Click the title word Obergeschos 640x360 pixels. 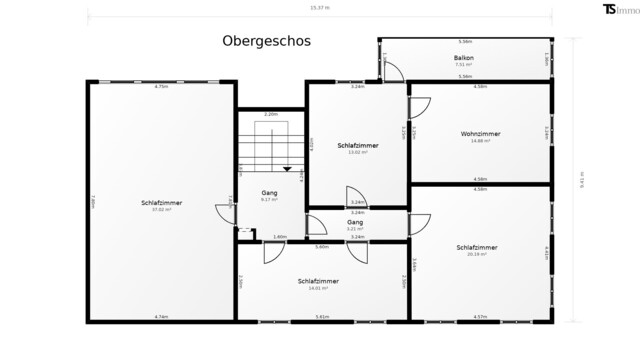(x=266, y=41)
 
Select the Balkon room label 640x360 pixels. (x=464, y=59)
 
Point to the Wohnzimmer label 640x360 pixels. (x=481, y=133)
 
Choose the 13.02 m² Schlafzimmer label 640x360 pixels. (x=357, y=145)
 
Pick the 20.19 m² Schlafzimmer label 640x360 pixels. (x=477, y=247)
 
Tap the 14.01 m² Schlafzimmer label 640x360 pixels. (x=318, y=281)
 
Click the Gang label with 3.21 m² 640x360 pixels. (x=356, y=222)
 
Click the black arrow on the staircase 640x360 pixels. (x=287, y=169)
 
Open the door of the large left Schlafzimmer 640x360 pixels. (x=224, y=213)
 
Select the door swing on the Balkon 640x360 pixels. (x=393, y=71)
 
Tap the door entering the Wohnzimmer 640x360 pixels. (x=419, y=106)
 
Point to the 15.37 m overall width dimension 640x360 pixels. (x=321, y=8)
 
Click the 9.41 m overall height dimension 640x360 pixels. (x=580, y=181)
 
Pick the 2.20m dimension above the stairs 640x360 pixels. (x=270, y=115)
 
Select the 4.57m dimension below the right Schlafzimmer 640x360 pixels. (x=480, y=317)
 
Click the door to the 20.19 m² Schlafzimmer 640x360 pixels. (x=419, y=224)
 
